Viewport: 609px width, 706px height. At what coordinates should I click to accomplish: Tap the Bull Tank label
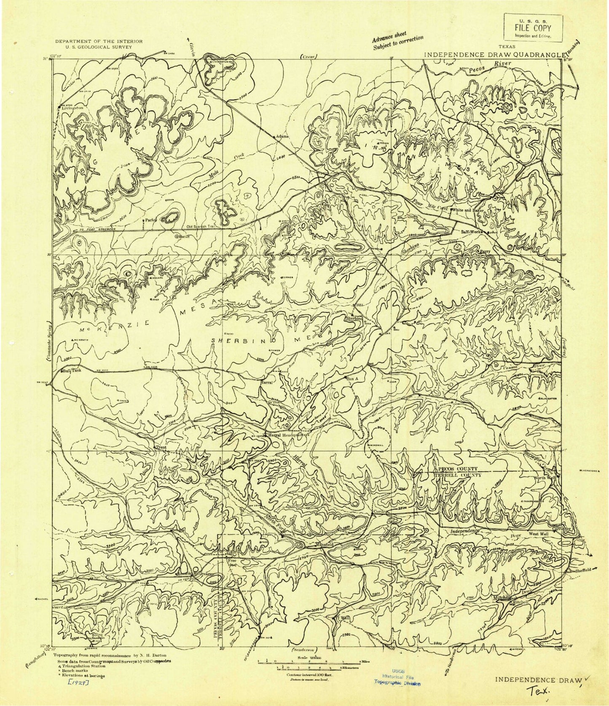pos(70,371)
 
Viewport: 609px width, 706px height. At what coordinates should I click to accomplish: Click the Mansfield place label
pos(325,544)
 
